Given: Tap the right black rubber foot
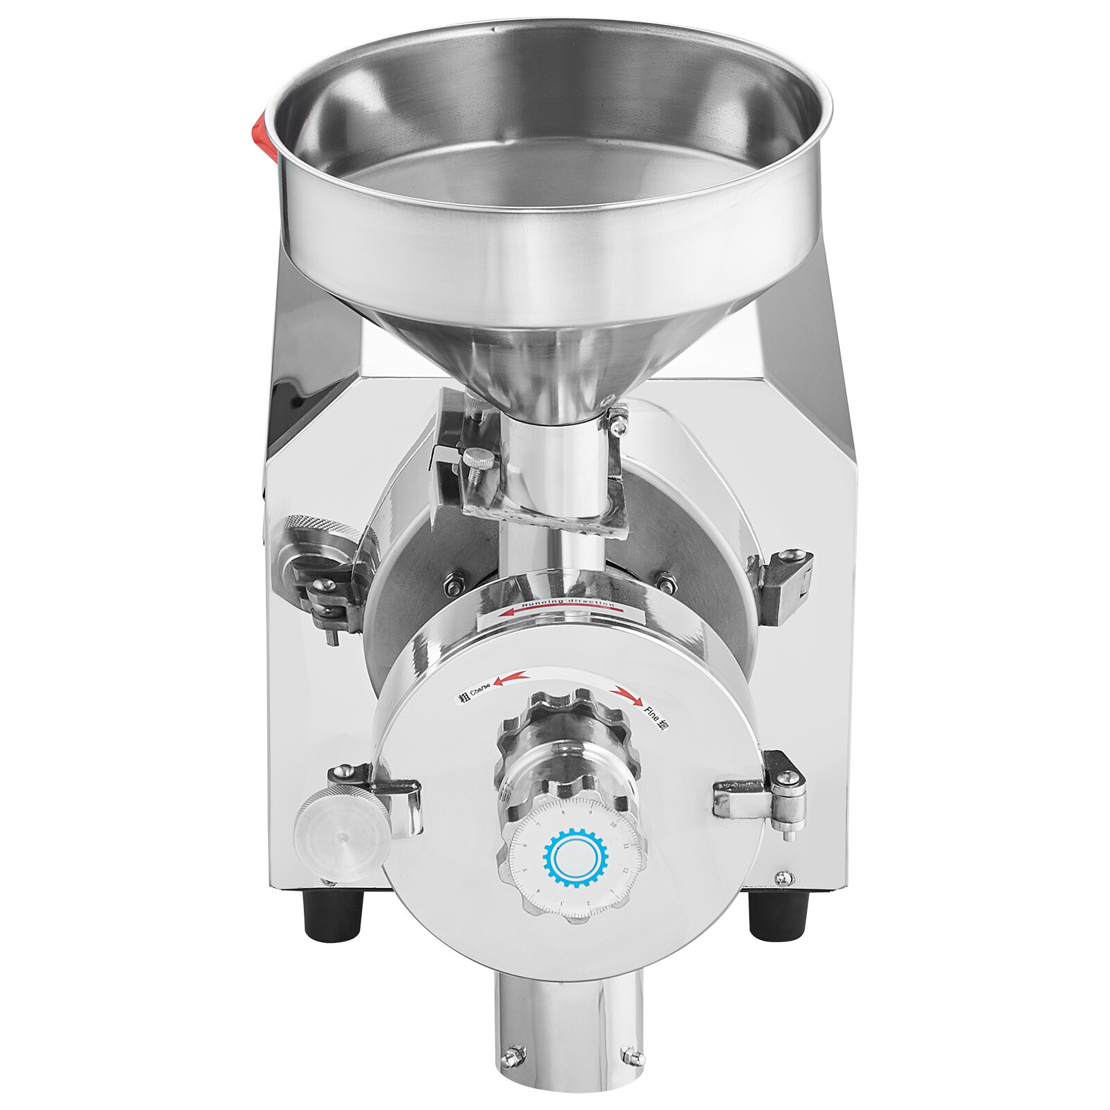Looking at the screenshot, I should pos(778,914).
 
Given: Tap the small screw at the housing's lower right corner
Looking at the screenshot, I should pos(783,878).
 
